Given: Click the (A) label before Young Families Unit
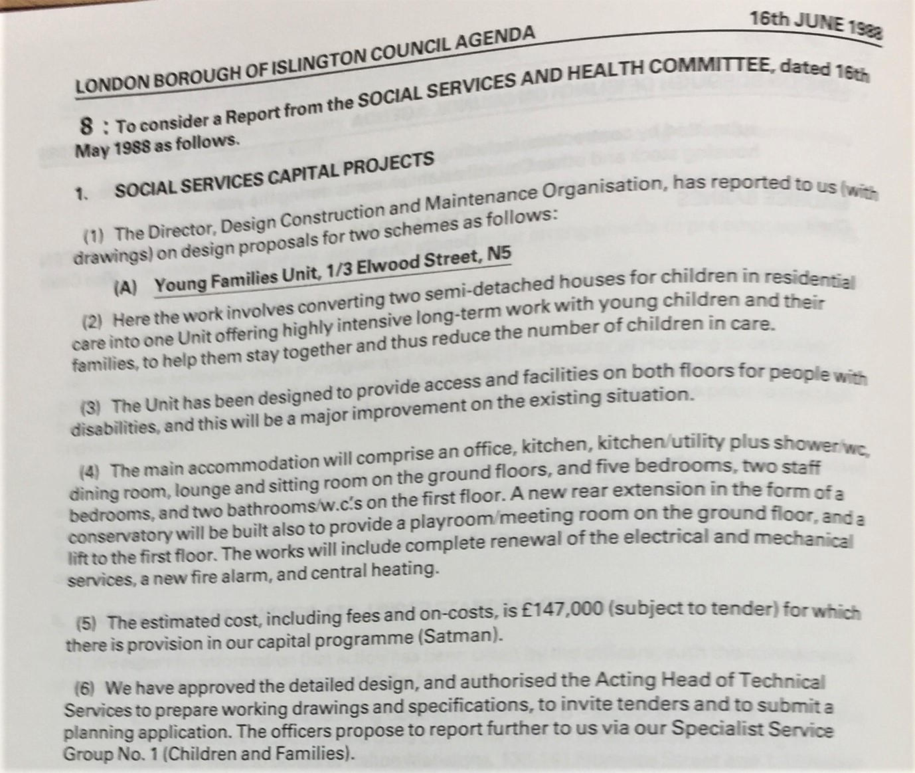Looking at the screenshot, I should [x=125, y=288].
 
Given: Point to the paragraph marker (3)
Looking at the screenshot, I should [x=92, y=407].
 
